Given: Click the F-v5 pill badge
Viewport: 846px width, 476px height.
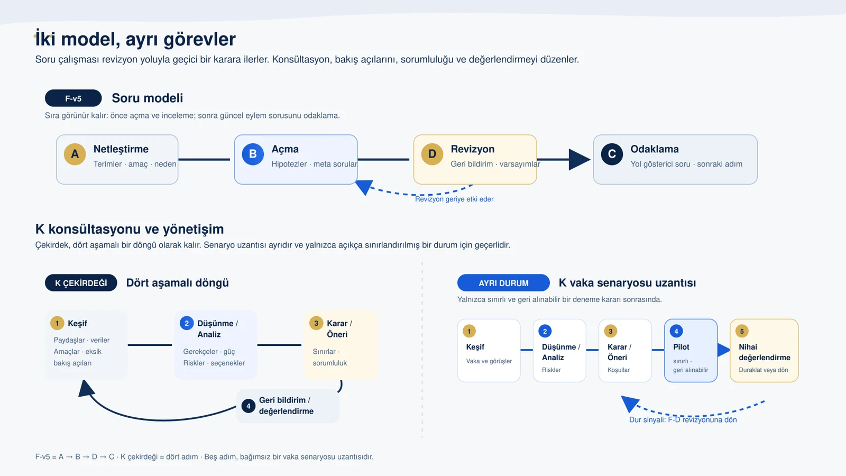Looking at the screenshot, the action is click(x=73, y=98).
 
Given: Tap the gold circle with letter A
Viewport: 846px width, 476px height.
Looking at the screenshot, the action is click(x=75, y=154).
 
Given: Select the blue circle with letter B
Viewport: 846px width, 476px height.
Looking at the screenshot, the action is click(x=253, y=154).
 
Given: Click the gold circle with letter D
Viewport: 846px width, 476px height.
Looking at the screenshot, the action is click(x=432, y=154).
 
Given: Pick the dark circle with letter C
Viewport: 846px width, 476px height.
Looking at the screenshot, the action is click(x=612, y=154).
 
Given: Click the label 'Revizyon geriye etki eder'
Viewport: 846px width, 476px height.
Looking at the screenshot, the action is click(x=454, y=199).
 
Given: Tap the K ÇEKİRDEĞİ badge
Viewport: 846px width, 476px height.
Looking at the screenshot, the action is click(x=81, y=283).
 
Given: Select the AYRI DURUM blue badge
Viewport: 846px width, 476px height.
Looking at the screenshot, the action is click(x=503, y=283).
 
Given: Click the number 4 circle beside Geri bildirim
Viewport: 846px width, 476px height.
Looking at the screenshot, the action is click(x=248, y=406).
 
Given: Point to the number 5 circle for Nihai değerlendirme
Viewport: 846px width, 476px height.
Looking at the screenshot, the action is click(x=742, y=331).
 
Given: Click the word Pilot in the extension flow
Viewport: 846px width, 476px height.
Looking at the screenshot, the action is click(x=681, y=347).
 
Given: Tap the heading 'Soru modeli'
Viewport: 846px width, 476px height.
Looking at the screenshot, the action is click(x=148, y=98).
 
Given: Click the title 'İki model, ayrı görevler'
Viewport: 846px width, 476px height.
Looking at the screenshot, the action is click(x=135, y=39).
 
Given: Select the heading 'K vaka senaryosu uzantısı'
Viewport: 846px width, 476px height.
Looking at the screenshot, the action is click(x=627, y=283).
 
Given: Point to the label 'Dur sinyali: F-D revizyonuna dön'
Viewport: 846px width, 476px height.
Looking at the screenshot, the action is click(x=683, y=420).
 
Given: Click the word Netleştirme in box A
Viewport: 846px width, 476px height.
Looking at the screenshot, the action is click(x=121, y=149).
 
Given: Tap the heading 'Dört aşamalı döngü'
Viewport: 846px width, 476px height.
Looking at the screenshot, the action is click(x=177, y=283).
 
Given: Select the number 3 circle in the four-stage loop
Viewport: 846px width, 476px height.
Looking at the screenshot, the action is click(x=316, y=323).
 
